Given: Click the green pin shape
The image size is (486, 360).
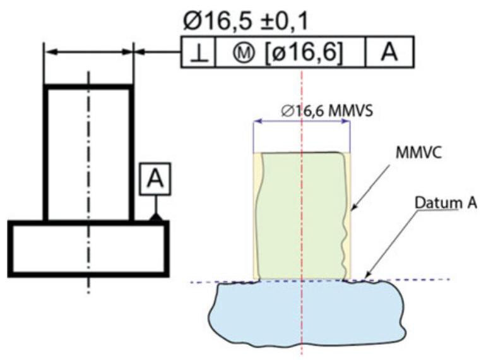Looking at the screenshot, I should pyautogui.click(x=302, y=215).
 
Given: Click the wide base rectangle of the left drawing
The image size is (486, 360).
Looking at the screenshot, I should pyautogui.click(x=88, y=249).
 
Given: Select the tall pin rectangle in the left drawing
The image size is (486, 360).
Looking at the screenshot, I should pyautogui.click(x=88, y=152).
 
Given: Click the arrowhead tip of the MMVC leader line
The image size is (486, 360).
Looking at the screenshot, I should pyautogui.click(x=352, y=208).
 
